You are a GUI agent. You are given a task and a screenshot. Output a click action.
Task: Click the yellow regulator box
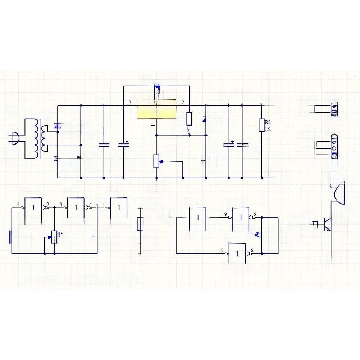(x=156, y=109)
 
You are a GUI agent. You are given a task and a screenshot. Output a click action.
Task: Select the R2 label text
(x=268, y=122)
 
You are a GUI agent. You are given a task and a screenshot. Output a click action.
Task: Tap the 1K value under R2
(x=268, y=128)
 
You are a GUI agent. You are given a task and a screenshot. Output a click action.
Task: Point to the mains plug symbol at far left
(x=15, y=138)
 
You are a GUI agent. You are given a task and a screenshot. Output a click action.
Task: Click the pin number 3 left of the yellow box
(x=130, y=103)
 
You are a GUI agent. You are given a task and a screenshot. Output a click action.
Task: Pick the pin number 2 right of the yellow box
(x=183, y=103)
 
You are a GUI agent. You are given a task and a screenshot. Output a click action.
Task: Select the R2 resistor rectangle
(x=261, y=125)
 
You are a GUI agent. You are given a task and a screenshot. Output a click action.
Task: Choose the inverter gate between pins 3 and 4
(x=76, y=208)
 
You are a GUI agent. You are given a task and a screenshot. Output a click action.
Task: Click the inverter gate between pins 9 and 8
(x=240, y=218)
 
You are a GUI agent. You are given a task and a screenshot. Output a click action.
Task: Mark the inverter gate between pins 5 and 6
(x=237, y=253)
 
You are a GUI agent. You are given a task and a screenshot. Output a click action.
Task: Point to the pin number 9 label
(x=225, y=215)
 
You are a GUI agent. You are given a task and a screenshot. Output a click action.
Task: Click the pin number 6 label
(x=252, y=250)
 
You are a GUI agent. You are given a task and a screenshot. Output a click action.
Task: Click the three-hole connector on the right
(x=334, y=148)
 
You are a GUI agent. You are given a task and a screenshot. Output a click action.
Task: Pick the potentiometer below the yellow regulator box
(x=156, y=161)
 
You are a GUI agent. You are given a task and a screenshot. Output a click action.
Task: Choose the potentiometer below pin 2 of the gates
(x=54, y=237)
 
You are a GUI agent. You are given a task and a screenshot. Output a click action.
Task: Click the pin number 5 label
(x=222, y=250)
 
